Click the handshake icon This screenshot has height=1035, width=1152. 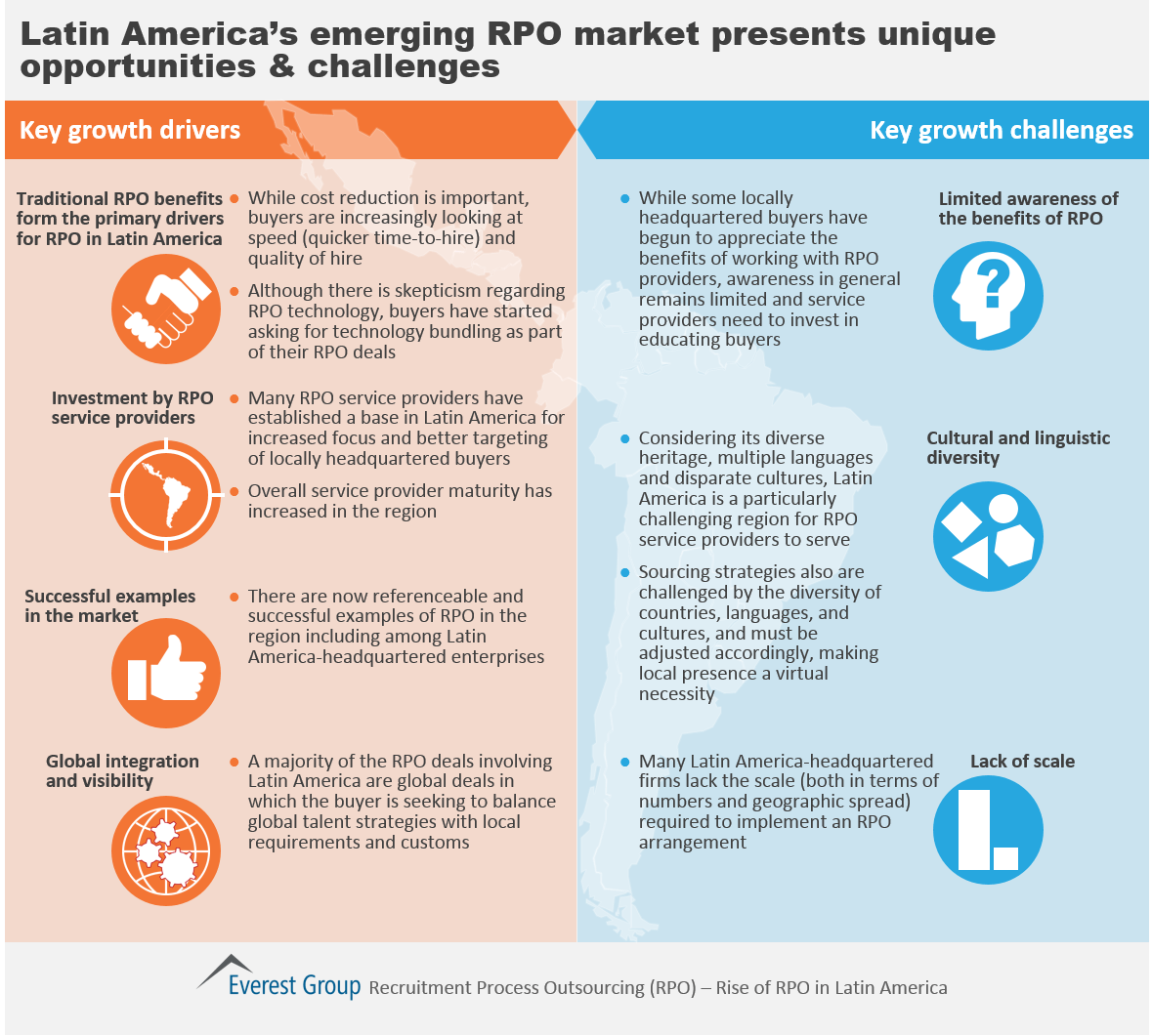point(166,310)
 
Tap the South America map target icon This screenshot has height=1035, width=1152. point(166,496)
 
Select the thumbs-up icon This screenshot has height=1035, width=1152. point(166,673)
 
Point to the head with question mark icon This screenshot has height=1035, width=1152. point(988,295)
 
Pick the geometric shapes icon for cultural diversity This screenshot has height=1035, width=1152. point(988,537)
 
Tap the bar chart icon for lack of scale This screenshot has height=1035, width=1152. point(988,829)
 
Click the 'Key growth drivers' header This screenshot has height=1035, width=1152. point(130,130)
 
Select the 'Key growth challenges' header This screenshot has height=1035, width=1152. point(1001,130)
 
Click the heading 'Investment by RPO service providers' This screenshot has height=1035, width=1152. point(132,408)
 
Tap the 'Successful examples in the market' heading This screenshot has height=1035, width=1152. point(109,605)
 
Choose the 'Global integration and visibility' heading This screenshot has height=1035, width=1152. point(122,770)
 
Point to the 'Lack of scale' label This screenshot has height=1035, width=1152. point(1022,762)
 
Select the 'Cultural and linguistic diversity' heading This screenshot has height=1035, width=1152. point(1018,447)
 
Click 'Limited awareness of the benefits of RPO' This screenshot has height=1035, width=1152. point(1028,208)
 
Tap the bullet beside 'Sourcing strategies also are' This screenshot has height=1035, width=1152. point(625,572)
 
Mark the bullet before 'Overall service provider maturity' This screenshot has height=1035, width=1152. point(235,492)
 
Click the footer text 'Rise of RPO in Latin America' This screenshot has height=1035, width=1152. point(832,987)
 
